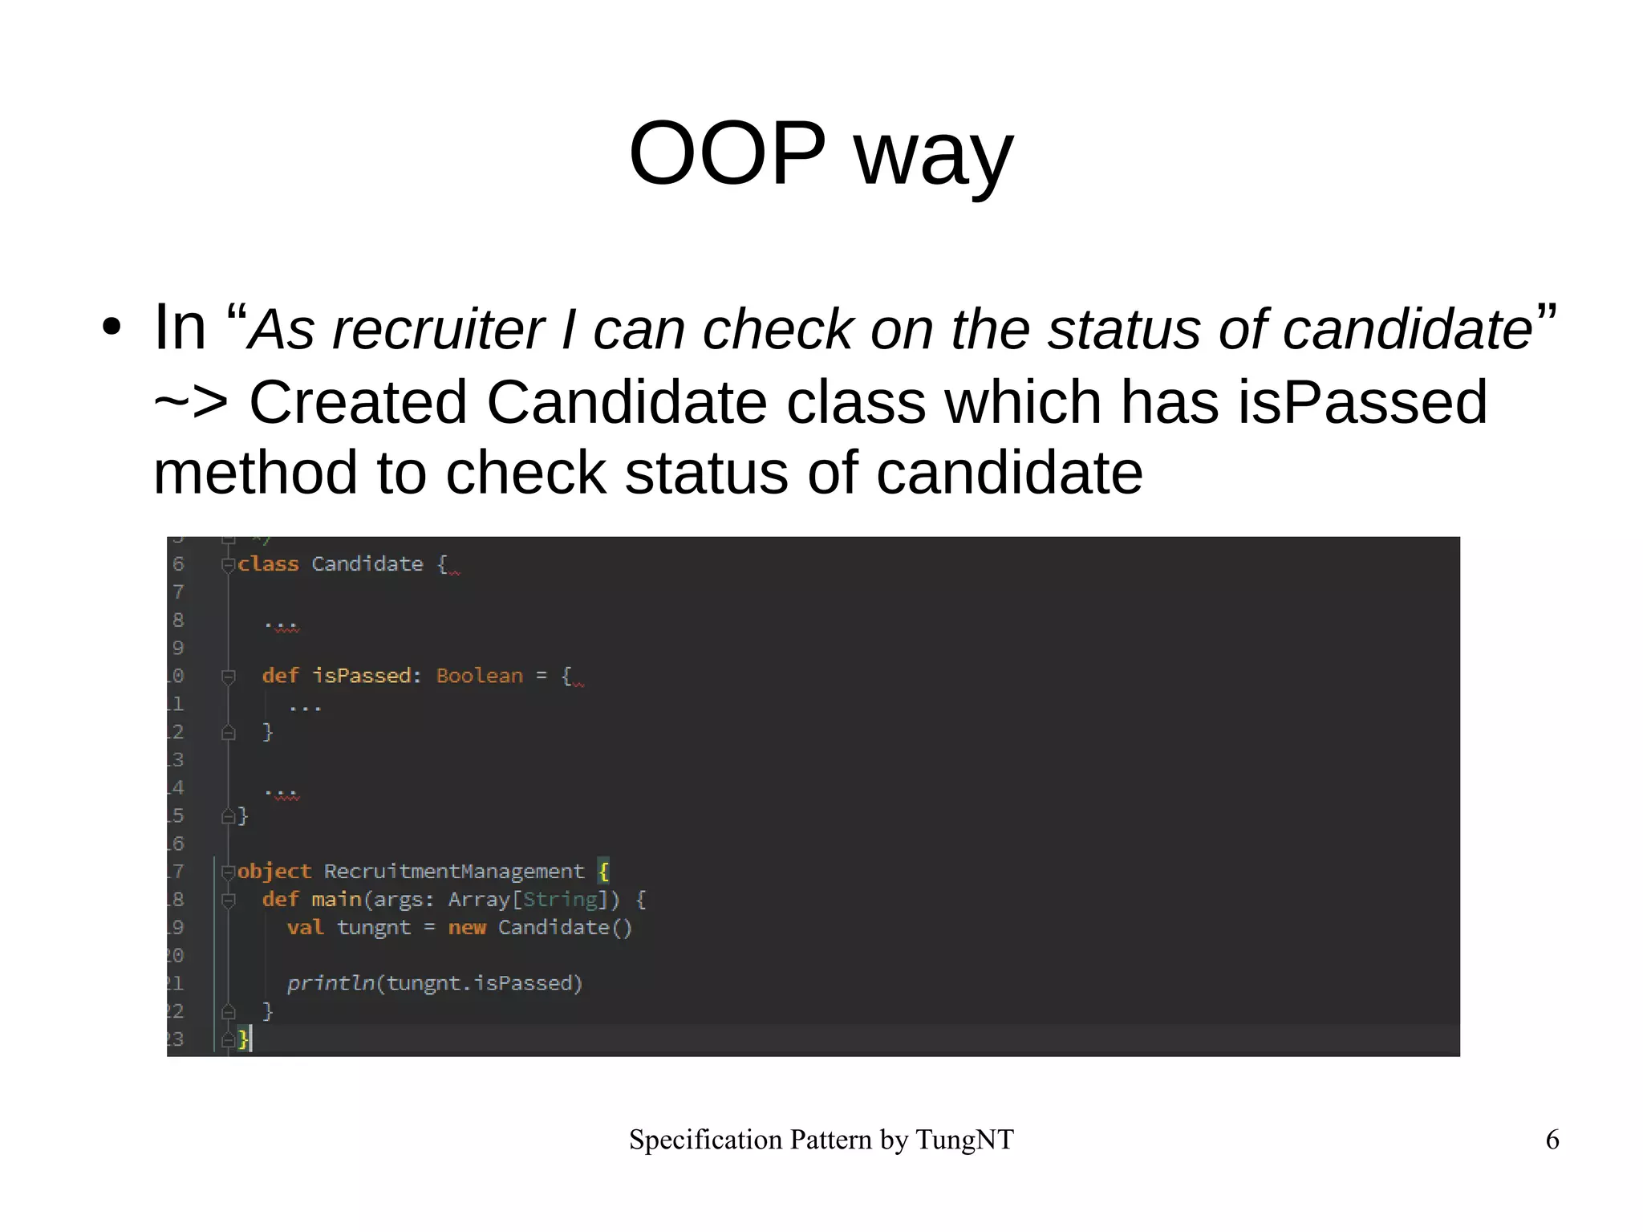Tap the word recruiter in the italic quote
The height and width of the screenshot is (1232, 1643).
438,329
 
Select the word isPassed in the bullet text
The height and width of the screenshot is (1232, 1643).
1362,401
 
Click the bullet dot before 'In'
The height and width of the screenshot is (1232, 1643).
112,327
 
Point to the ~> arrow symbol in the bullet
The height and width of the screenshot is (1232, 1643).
190,401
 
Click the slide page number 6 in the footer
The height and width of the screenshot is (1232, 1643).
1552,1140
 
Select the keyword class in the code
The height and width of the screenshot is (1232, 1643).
268,564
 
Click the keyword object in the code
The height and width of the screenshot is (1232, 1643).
274,872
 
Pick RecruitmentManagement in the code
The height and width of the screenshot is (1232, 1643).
454,872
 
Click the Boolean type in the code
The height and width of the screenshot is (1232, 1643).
479,676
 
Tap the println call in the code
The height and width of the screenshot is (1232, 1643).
331,983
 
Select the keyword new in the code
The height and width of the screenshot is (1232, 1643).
467,928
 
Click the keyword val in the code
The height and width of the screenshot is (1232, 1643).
305,928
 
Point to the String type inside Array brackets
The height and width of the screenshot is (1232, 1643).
560,900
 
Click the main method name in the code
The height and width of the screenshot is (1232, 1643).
336,900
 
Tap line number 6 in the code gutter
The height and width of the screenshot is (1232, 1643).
178,564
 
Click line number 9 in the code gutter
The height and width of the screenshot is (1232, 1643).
178,648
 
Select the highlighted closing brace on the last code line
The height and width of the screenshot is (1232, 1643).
243,1039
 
